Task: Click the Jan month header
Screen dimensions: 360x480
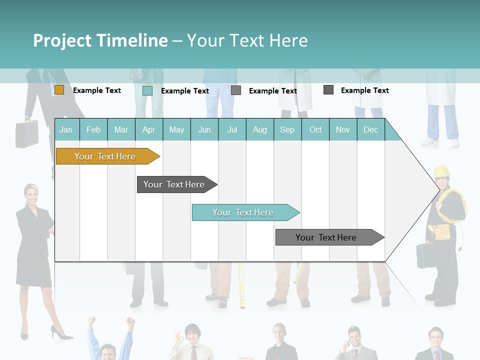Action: pos(66,129)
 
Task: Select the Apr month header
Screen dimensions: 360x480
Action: pos(148,129)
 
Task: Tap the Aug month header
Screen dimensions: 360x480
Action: pos(259,129)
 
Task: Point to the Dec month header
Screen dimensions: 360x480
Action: pos(370,129)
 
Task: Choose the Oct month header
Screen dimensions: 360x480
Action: pos(315,129)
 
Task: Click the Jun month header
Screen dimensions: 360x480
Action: pos(204,129)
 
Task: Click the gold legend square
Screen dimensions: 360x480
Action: pos(59,90)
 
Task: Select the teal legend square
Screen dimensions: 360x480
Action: pos(147,90)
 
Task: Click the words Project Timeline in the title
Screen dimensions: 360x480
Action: pos(100,40)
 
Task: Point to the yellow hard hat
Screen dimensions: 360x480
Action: pos(441,171)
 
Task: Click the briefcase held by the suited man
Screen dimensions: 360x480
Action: pos(26,133)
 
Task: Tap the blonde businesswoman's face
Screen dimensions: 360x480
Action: pos(32,193)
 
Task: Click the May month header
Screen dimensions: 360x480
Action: pos(176,129)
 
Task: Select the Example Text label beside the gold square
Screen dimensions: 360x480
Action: pos(97,90)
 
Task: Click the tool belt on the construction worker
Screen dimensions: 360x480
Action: pos(442,231)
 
